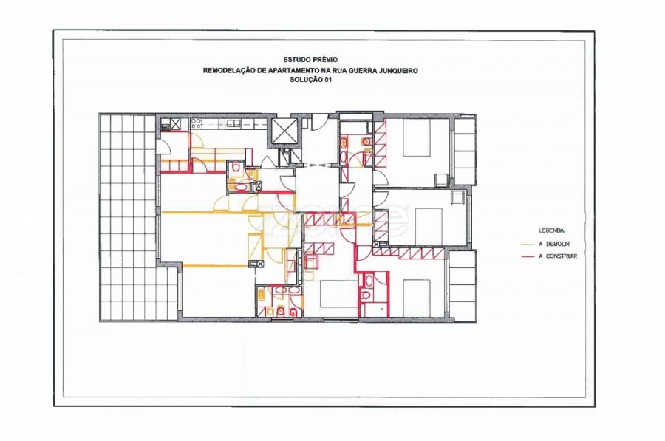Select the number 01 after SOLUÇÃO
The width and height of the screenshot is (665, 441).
(327, 80)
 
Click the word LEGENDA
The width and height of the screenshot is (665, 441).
(552, 230)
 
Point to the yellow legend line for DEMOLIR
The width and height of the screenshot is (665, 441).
(528, 245)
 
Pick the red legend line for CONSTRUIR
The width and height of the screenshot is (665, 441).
(528, 256)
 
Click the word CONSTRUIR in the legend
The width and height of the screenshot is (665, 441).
(562, 256)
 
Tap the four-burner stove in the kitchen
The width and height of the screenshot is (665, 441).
(196, 123)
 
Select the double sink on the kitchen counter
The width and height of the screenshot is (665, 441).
(233, 123)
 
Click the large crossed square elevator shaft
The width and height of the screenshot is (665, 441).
(284, 131)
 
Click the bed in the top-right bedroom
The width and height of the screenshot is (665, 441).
(417, 138)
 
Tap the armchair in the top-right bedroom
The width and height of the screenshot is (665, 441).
(442, 180)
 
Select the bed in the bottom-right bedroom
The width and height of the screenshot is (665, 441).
(417, 298)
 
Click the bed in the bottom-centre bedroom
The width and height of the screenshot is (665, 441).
(338, 294)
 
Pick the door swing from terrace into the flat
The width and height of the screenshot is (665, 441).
(165, 146)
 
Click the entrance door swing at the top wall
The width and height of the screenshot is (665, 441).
(320, 123)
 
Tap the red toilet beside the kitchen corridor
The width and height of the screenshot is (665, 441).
(236, 168)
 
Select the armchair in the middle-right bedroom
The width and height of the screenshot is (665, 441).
(457, 198)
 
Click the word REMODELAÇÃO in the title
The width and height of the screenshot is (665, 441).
(229, 70)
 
